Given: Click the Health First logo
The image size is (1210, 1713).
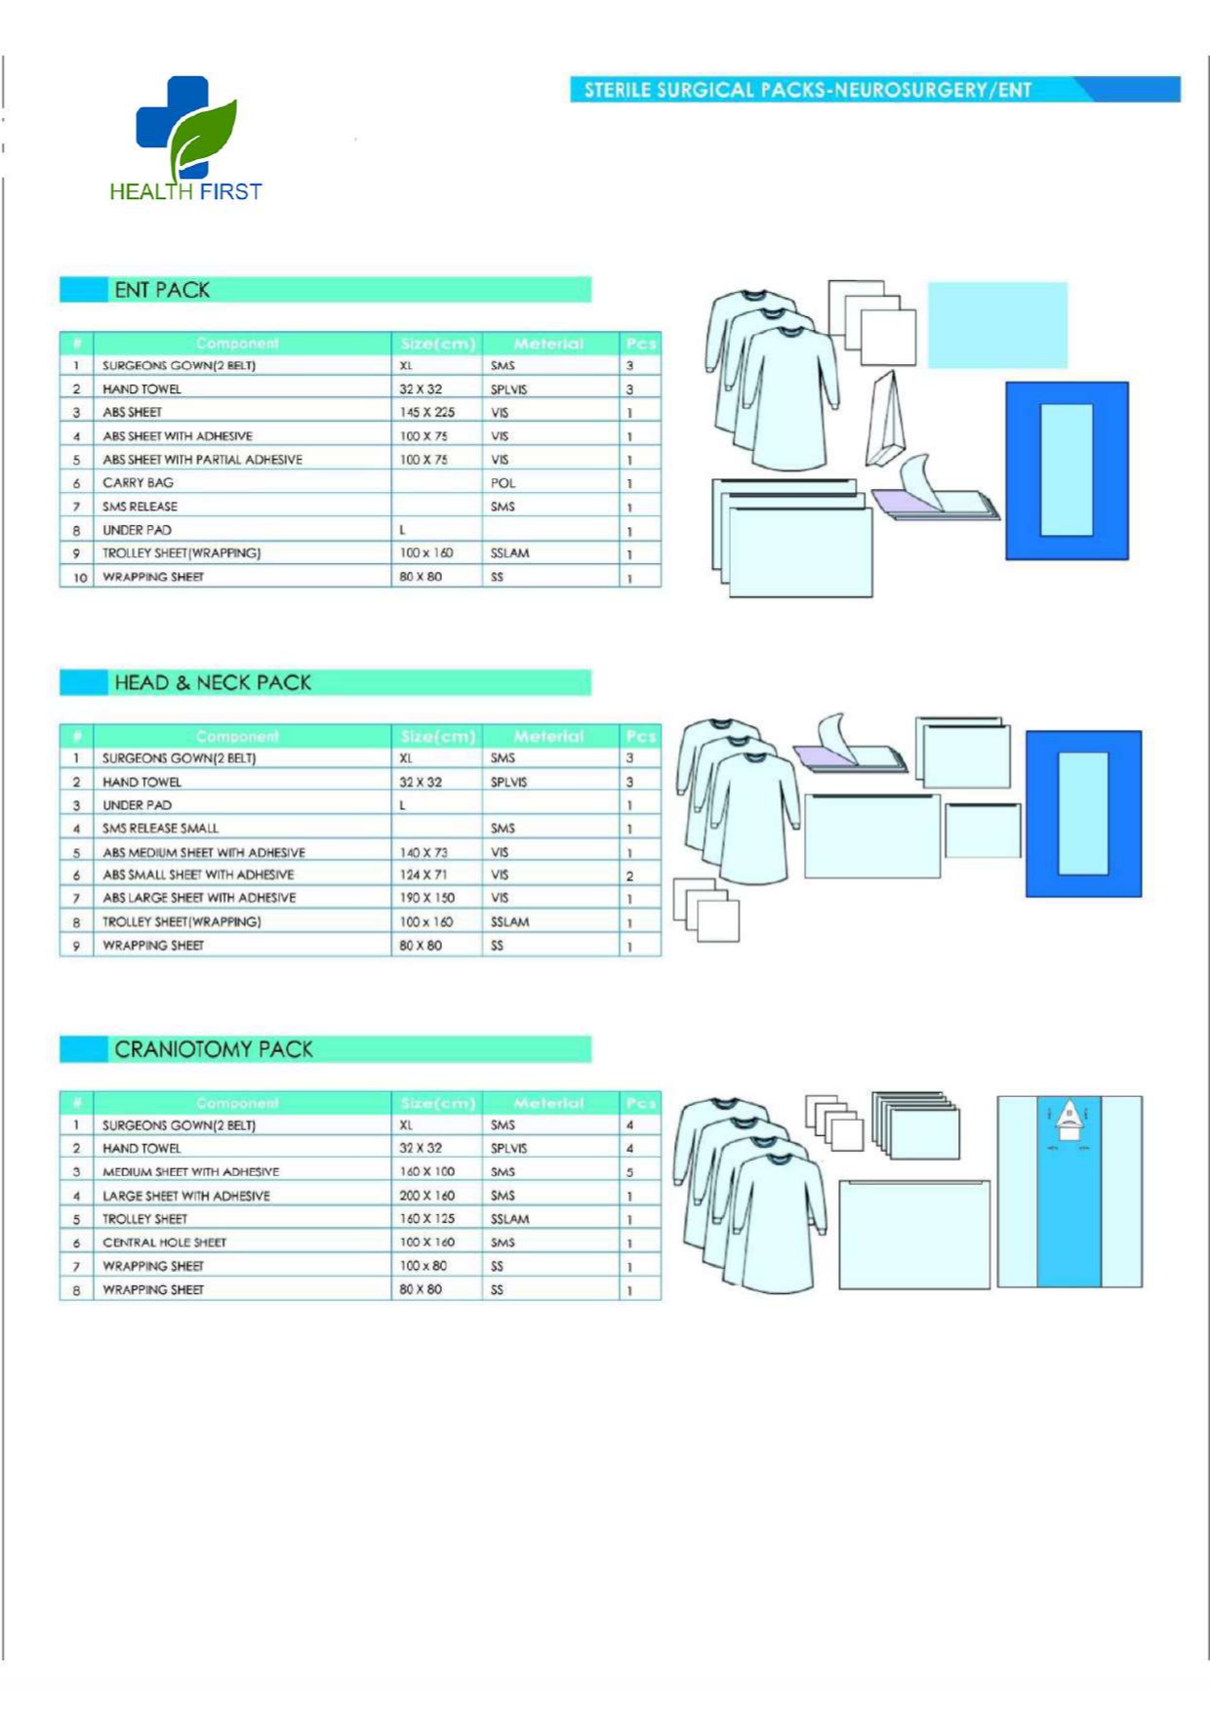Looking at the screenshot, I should click(185, 140).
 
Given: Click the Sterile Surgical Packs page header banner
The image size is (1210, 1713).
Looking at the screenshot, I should click(874, 90).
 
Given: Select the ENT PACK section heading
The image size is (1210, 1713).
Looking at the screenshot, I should click(162, 290).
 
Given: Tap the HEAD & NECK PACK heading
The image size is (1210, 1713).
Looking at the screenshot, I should click(213, 682).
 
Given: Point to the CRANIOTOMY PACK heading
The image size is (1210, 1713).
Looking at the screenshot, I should click(214, 1049).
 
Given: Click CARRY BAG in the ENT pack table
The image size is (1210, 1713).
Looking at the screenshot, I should click(139, 483).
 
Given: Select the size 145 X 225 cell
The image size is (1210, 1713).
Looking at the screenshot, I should click(426, 413).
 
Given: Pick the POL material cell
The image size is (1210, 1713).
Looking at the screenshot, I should click(503, 483).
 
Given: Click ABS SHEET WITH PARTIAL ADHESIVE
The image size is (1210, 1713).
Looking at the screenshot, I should click(202, 460).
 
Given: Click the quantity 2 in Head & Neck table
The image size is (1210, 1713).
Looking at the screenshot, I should click(629, 876).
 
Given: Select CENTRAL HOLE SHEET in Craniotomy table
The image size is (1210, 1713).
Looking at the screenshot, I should click(164, 1243).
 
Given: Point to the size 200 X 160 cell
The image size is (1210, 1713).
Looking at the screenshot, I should click(426, 1196).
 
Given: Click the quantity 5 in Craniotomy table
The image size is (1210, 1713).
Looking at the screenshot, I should click(629, 1172).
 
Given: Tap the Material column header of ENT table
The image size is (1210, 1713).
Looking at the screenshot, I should click(548, 344).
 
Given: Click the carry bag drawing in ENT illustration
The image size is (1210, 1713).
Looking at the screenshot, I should click(886, 420).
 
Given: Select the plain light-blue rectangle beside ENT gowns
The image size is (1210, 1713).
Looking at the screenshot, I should click(996, 325).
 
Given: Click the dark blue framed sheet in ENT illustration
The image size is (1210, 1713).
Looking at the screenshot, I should click(1067, 470).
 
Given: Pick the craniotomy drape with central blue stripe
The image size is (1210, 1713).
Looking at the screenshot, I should click(1069, 1191).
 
